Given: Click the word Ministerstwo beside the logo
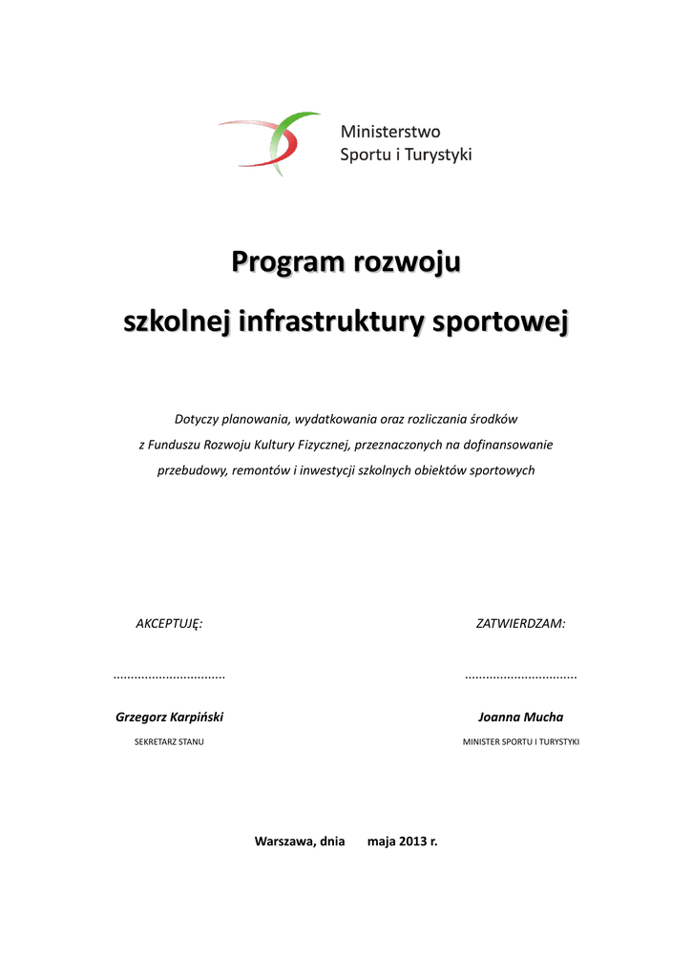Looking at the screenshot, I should click(x=391, y=133).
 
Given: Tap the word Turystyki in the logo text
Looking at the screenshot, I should click(x=439, y=155).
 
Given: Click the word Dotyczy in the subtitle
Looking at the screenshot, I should click(x=197, y=419).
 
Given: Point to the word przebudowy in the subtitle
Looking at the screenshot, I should click(x=192, y=470).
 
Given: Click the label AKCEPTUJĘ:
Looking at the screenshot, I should click(x=169, y=623).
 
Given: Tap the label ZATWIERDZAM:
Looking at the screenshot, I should click(x=520, y=623).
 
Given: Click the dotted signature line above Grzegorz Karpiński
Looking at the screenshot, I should click(x=169, y=677).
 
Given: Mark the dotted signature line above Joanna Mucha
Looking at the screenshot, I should click(x=520, y=677).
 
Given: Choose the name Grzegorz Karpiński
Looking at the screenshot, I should click(x=169, y=717).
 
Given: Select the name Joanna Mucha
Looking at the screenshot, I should click(x=520, y=717).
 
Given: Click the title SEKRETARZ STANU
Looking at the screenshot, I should click(x=169, y=741).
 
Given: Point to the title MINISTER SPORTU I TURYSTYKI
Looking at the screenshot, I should click(x=520, y=741).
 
